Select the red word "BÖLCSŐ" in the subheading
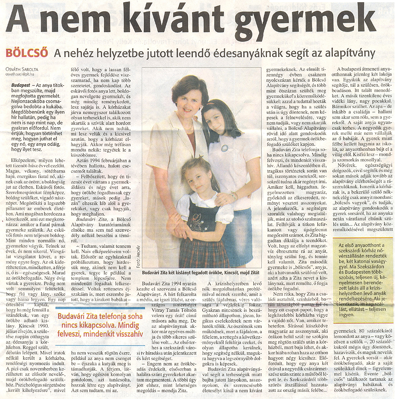27,54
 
